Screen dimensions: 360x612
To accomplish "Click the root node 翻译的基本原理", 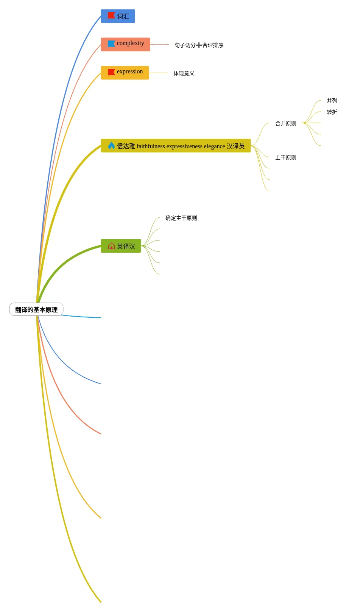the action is tap(36, 309).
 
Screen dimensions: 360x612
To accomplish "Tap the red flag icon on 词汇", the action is tap(111, 16).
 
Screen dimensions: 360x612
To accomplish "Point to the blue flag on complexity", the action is tap(111, 44).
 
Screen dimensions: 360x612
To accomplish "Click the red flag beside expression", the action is tap(111, 72).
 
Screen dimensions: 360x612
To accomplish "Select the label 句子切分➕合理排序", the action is tap(199, 45).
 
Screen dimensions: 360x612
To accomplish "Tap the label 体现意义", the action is tap(184, 73).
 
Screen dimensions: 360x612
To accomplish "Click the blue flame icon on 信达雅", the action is tap(111, 146).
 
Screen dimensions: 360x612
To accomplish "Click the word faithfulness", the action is tap(151, 146).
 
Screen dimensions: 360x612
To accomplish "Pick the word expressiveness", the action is tap(184, 146).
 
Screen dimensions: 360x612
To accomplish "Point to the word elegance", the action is tap(214, 146).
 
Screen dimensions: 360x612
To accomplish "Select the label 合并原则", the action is tap(285, 123).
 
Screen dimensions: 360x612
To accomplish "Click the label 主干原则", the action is tap(285, 157).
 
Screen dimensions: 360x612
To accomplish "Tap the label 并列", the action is tap(332, 101).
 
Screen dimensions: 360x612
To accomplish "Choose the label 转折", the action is tap(332, 112).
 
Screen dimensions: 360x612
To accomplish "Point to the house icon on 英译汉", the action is tap(111, 246).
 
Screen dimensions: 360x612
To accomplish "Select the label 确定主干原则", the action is tap(181, 218).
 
